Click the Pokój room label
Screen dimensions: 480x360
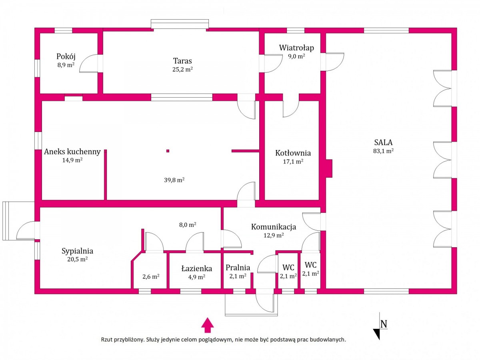(66, 57)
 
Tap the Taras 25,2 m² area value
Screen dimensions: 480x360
(182, 70)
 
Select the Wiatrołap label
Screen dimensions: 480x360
(296, 48)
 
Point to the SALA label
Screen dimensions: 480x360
(383, 142)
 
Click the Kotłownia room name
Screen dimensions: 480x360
(293, 153)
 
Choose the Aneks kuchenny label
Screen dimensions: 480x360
(72, 152)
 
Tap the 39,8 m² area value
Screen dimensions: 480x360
(174, 180)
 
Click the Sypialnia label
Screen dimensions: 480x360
(78, 251)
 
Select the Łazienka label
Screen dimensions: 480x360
(197, 269)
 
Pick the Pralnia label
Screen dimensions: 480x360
(238, 268)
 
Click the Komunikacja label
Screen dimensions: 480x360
(274, 227)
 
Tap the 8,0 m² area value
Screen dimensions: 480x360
(188, 225)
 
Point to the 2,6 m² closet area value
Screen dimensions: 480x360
(151, 277)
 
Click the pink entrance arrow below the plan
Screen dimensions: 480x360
(208, 325)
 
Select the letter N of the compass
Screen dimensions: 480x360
(384, 324)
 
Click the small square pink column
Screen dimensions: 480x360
(168, 151)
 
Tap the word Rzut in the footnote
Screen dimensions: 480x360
(106, 340)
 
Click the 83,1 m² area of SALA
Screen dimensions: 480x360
(383, 151)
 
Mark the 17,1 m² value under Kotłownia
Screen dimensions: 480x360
(293, 162)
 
